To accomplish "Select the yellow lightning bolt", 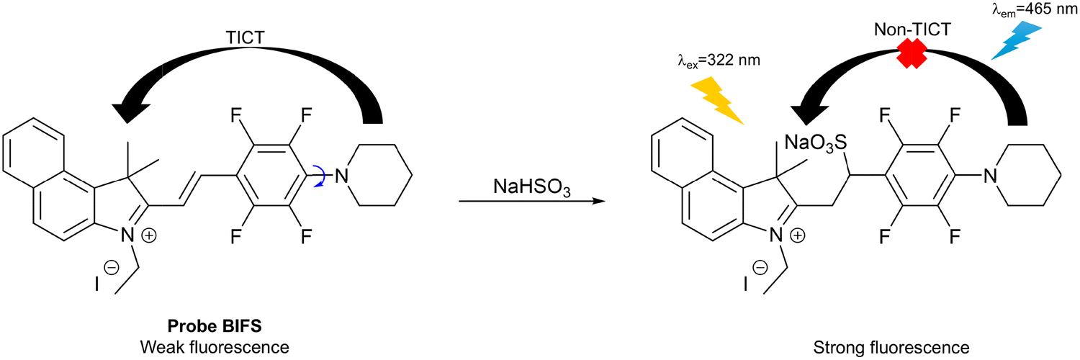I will click(x=714, y=99).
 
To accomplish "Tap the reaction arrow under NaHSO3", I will click(x=531, y=203).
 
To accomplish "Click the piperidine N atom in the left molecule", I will click(x=345, y=175).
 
